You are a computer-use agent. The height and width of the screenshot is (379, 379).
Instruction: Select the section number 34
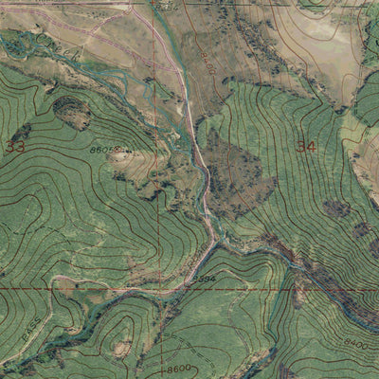point(305,146)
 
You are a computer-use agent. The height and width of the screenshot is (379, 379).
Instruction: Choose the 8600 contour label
point(177,369)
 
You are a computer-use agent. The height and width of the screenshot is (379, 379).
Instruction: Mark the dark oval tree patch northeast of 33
point(71,112)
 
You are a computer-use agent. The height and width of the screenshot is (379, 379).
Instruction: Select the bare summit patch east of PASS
point(121,347)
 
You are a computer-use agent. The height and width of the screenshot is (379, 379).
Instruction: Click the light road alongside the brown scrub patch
point(203,180)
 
